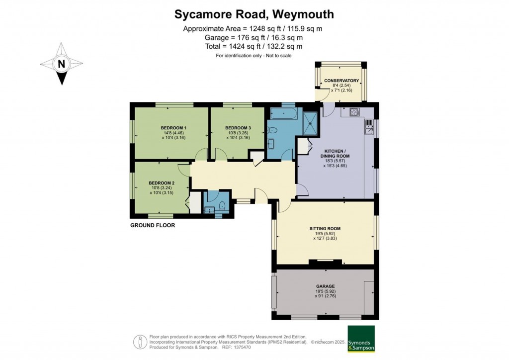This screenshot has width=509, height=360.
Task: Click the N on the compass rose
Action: pos(61,64)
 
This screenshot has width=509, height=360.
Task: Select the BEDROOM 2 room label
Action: pos(162,183)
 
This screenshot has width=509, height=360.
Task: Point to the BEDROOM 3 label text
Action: pos(238,128)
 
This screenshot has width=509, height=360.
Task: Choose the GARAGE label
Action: pos(325,286)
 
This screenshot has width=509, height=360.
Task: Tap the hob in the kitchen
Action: pos(354,112)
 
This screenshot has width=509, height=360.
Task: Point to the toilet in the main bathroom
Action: pos(272,130)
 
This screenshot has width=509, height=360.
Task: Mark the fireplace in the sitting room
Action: pos(325,262)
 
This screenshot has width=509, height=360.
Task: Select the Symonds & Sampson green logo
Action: pos(361,339)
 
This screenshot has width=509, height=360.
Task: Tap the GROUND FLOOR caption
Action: pos(153,225)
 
